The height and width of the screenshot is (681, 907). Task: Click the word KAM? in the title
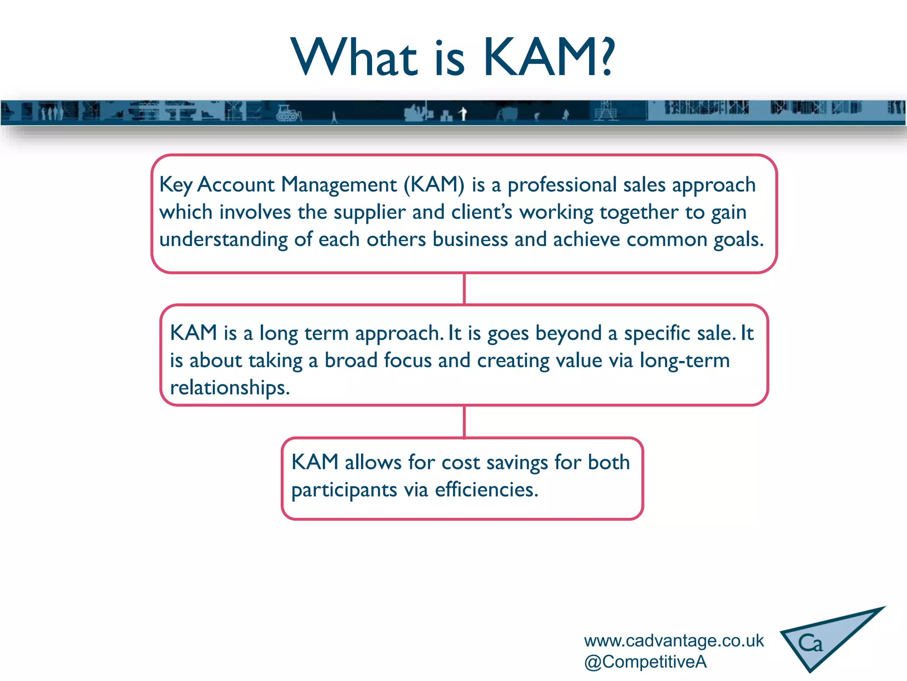pyautogui.click(x=548, y=58)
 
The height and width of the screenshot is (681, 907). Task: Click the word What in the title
pyautogui.click(x=354, y=58)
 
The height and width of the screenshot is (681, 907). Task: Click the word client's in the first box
pyautogui.click(x=482, y=212)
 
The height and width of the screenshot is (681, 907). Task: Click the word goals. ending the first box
pyautogui.click(x=738, y=240)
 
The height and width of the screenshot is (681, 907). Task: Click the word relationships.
pyautogui.click(x=230, y=388)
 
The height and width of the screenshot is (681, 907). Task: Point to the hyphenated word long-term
pyautogui.click(x=685, y=360)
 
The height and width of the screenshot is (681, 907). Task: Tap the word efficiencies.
pyautogui.click(x=486, y=490)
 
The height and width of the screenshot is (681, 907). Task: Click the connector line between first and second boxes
pyautogui.click(x=464, y=289)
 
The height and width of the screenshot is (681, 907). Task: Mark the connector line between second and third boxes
pyautogui.click(x=464, y=421)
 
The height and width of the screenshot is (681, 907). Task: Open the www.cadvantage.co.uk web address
pyautogui.click(x=674, y=641)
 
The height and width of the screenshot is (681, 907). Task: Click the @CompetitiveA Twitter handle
pyautogui.click(x=645, y=662)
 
